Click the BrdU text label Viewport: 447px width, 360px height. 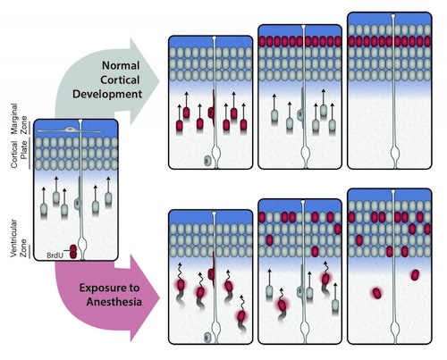(x=55, y=255)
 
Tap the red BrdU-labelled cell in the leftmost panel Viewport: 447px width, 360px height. (x=73, y=252)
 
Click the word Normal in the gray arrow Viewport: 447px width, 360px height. (x=121, y=65)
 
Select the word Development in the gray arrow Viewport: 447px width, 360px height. (x=107, y=94)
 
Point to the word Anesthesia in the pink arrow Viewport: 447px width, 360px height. (x=114, y=302)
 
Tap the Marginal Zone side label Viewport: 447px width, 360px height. (x=19, y=119)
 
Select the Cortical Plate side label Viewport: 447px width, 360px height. (x=19, y=154)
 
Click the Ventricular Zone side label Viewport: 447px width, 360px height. (x=19, y=239)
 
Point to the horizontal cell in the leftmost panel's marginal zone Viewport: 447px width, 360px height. (x=70, y=130)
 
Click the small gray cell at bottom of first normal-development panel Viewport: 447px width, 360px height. (x=207, y=161)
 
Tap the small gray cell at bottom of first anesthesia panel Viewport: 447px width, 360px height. (x=207, y=338)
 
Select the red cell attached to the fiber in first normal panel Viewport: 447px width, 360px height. (x=212, y=113)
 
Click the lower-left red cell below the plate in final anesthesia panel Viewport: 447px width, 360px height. (x=377, y=293)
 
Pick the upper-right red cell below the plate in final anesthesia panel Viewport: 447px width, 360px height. (x=415, y=275)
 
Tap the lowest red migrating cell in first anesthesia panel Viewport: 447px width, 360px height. (x=241, y=315)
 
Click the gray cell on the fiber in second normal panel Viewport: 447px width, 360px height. (x=301, y=114)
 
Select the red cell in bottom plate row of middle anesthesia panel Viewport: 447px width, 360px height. (x=315, y=251)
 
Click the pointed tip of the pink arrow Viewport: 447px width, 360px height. (x=160, y=298)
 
